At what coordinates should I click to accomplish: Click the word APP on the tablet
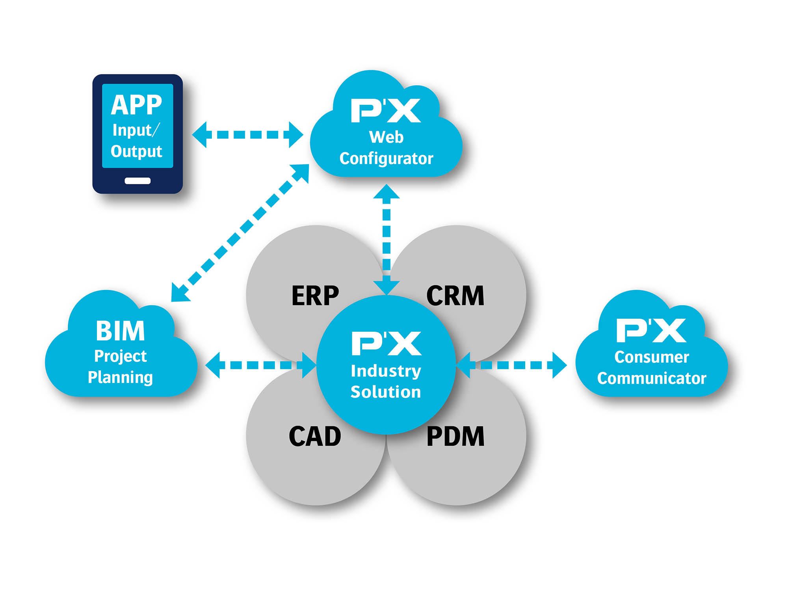click(136, 105)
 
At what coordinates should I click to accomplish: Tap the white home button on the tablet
click(138, 181)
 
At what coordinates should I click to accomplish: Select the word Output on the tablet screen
click(136, 151)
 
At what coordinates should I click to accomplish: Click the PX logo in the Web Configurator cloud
click(386, 110)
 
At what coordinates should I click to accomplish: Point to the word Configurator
click(386, 158)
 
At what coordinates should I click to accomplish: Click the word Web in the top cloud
click(386, 137)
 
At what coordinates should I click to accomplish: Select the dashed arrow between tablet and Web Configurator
click(247, 135)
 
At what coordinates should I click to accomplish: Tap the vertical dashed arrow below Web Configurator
click(387, 239)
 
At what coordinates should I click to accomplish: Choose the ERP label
click(315, 295)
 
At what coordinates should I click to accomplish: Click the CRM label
click(455, 295)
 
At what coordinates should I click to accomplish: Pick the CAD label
click(315, 437)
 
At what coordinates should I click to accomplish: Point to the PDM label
click(455, 437)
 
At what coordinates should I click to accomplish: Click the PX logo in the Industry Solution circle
click(386, 343)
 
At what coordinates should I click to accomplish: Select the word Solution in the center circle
click(386, 392)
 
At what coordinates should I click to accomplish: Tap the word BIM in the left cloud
click(121, 331)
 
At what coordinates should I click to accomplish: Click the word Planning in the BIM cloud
click(120, 377)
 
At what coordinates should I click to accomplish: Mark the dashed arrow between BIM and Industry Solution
click(261, 365)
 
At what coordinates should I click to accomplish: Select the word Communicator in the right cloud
click(652, 378)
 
